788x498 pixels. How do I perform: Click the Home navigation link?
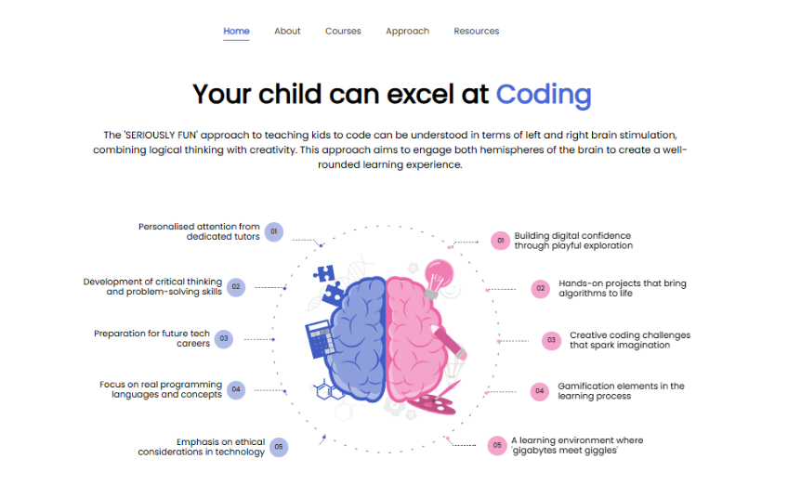tap(236, 32)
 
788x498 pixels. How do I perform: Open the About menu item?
tap(287, 32)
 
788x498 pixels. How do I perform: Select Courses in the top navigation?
tap(343, 32)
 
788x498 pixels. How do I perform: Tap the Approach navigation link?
tap(407, 32)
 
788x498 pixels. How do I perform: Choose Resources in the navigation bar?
tap(477, 32)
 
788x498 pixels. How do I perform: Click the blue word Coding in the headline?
tap(544, 95)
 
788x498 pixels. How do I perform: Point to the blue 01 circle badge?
tap(274, 231)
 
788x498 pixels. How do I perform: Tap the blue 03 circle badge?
tap(224, 339)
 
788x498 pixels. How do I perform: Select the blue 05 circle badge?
tap(279, 447)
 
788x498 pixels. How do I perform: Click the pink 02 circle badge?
tap(541, 288)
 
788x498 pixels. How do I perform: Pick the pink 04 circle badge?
tap(540, 391)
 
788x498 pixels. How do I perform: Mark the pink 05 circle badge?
tap(497, 445)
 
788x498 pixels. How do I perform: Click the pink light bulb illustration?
tap(439, 279)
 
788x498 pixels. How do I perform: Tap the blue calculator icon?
tap(320, 339)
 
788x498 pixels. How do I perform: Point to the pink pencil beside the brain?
tap(448, 342)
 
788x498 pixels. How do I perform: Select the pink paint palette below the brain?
tap(431, 404)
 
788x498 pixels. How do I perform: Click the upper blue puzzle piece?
tap(324, 273)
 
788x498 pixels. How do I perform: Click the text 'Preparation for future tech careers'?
tap(151, 338)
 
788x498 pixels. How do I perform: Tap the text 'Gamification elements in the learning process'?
tap(621, 391)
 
